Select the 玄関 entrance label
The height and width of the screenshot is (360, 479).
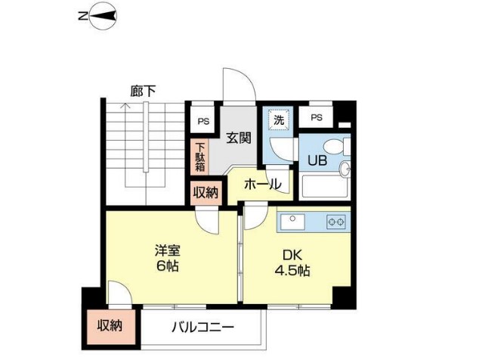tap(239, 138)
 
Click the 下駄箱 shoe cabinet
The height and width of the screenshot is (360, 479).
tap(200, 158)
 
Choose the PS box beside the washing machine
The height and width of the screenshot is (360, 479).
tap(316, 117)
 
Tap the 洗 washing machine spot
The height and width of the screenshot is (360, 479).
tap(278, 119)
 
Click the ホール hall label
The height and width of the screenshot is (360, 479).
tap(262, 184)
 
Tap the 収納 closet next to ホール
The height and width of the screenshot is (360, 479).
tap(205, 192)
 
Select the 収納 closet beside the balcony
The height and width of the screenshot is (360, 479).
tap(110, 327)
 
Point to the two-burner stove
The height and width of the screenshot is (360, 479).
tap(335, 222)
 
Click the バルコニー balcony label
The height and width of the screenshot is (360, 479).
tap(202, 328)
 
